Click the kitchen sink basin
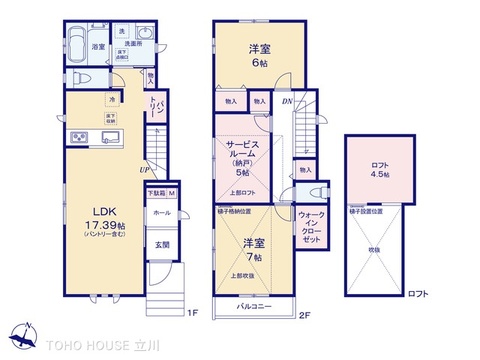[x=110, y=138]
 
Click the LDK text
[x=107, y=211]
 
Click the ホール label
[x=161, y=212]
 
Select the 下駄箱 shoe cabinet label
[x=157, y=193]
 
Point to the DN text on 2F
[x=286, y=101]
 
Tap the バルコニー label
[x=258, y=306]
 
